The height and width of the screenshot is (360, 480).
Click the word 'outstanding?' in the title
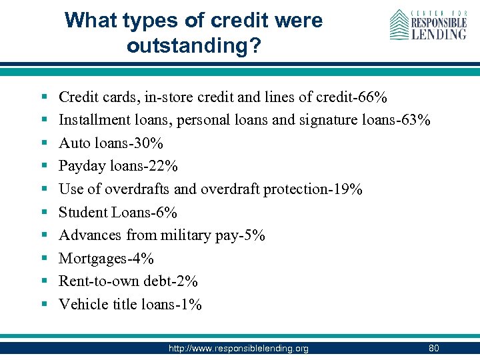click(x=193, y=46)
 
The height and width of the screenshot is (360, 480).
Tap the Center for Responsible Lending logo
click(x=428, y=25)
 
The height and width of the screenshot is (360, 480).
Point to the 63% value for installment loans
click(x=416, y=120)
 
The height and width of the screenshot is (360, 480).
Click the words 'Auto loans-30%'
click(x=111, y=143)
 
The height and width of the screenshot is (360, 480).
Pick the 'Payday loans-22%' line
click(x=118, y=166)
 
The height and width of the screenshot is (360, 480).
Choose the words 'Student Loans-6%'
click(x=118, y=213)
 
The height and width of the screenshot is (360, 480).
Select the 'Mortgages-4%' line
click(x=106, y=259)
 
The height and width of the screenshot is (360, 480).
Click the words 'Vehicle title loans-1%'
click(x=130, y=305)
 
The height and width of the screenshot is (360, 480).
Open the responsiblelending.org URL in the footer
click(x=238, y=349)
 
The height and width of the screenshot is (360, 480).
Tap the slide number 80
click(x=434, y=348)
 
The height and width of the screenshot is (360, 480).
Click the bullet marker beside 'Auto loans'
click(x=42, y=143)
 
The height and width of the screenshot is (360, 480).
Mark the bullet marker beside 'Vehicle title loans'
click(x=42, y=305)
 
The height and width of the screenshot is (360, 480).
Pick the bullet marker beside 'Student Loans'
click(x=42, y=213)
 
